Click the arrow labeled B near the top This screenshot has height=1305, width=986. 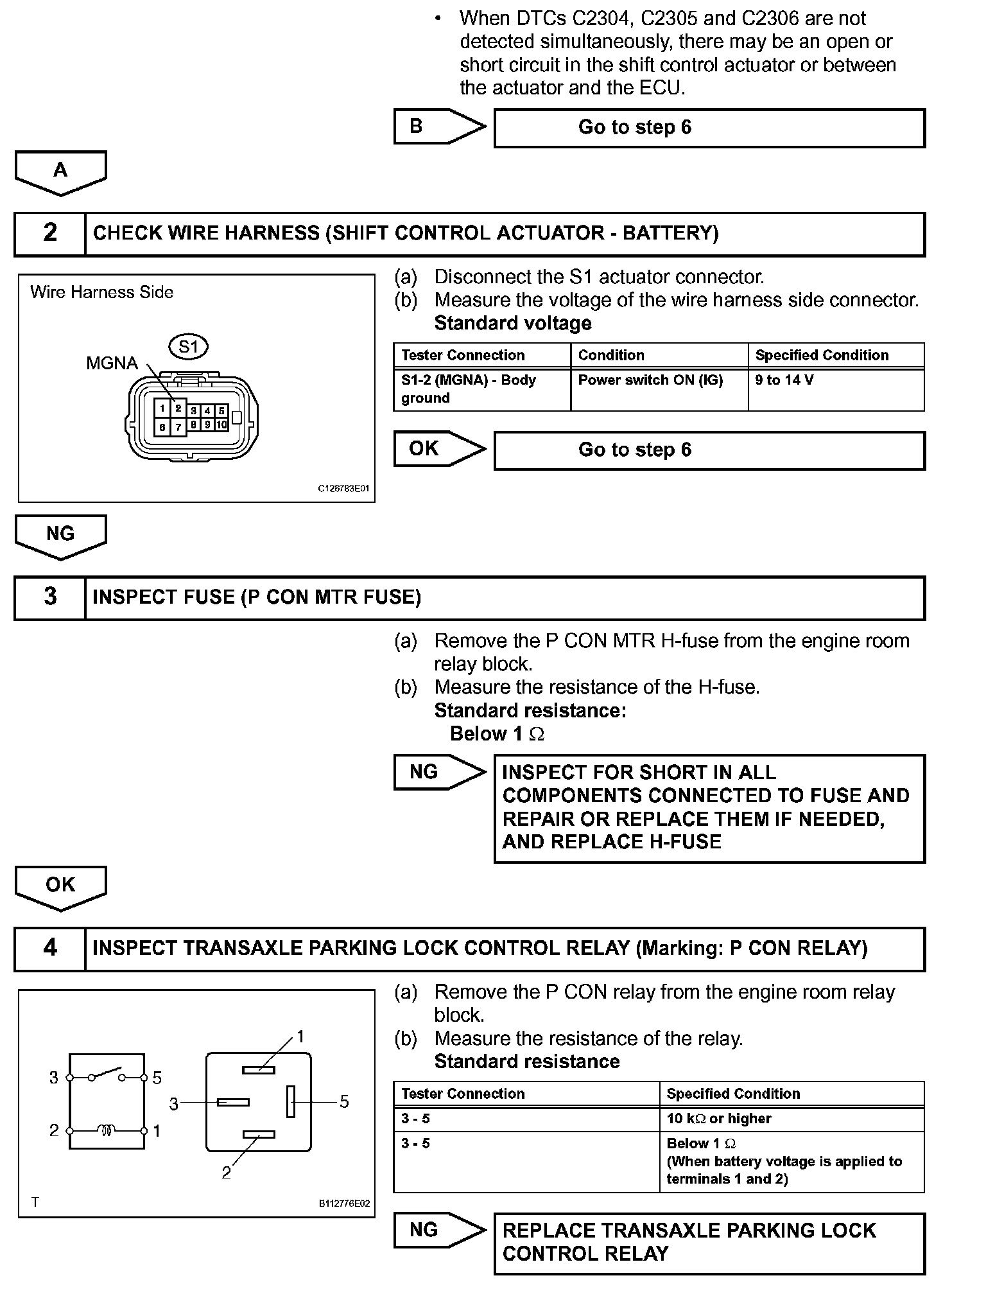click(439, 127)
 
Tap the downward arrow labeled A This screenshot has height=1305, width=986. click(60, 172)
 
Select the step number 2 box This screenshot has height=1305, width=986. click(50, 233)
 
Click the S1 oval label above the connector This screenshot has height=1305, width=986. click(189, 347)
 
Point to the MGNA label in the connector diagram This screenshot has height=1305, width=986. click(112, 363)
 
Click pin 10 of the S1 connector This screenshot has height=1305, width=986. click(221, 425)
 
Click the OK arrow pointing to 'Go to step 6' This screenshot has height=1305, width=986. click(439, 449)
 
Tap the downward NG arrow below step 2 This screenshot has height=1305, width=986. click(60, 536)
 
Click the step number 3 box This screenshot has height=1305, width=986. click(50, 597)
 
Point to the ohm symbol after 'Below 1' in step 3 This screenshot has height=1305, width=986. click(537, 734)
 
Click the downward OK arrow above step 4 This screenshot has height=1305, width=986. click(60, 887)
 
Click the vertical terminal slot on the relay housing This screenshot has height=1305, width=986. click(291, 1101)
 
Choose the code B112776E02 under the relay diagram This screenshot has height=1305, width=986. click(344, 1204)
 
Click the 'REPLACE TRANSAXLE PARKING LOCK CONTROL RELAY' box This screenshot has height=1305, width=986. click(709, 1242)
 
